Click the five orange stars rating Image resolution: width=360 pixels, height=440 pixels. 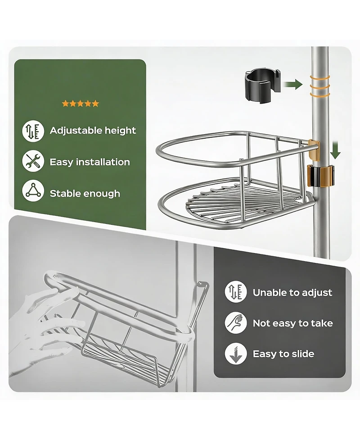coord(80,104)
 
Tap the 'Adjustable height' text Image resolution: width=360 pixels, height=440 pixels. coord(93,131)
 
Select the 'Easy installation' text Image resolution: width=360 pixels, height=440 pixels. coord(90,162)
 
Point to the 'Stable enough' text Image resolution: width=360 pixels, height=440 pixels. coord(85,194)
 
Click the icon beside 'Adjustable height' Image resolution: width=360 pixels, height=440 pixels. coord(33,131)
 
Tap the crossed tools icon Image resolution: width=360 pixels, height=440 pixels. coord(33,161)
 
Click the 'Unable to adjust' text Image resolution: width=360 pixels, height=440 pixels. coord(292,293)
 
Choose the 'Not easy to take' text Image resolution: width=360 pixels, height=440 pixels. coord(292,323)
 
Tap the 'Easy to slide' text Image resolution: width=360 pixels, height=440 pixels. coord(283,354)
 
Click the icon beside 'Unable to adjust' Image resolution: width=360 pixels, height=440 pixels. coord(236,292)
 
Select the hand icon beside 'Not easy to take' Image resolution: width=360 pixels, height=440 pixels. coord(236,323)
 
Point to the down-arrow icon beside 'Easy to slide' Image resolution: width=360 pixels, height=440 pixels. coord(236,354)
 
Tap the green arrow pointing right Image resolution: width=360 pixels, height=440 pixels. coord(293,83)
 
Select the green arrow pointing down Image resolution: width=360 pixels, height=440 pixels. coord(335,150)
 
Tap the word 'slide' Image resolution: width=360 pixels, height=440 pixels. coord(300,354)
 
